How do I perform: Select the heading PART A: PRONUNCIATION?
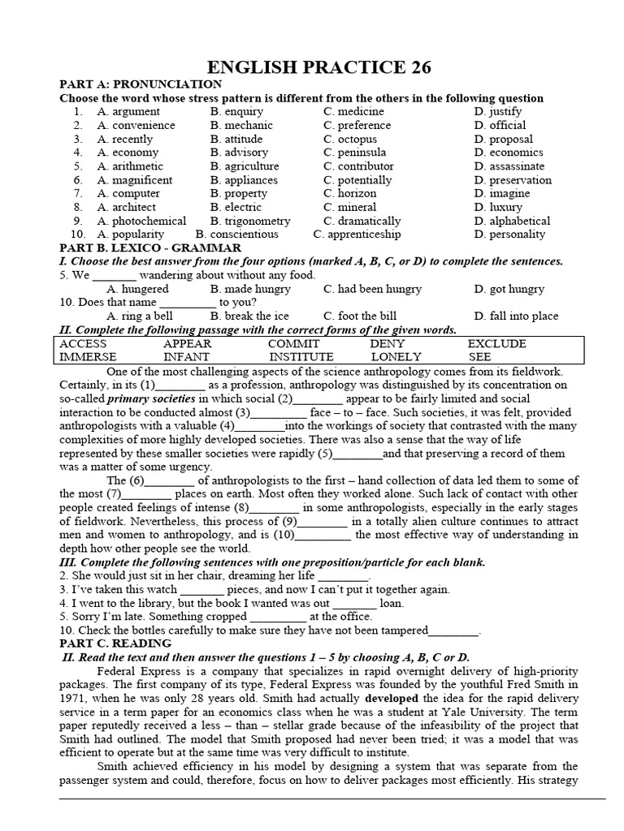pos(141,84)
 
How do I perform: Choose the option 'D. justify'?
pos(498,111)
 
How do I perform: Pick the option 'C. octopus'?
pos(349,139)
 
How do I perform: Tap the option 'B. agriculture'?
pos(244,166)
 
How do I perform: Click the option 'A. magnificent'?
pos(134,180)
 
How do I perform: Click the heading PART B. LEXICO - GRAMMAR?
pos(150,248)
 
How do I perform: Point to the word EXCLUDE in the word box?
pos(496,343)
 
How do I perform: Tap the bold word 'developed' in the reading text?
pos(392,698)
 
